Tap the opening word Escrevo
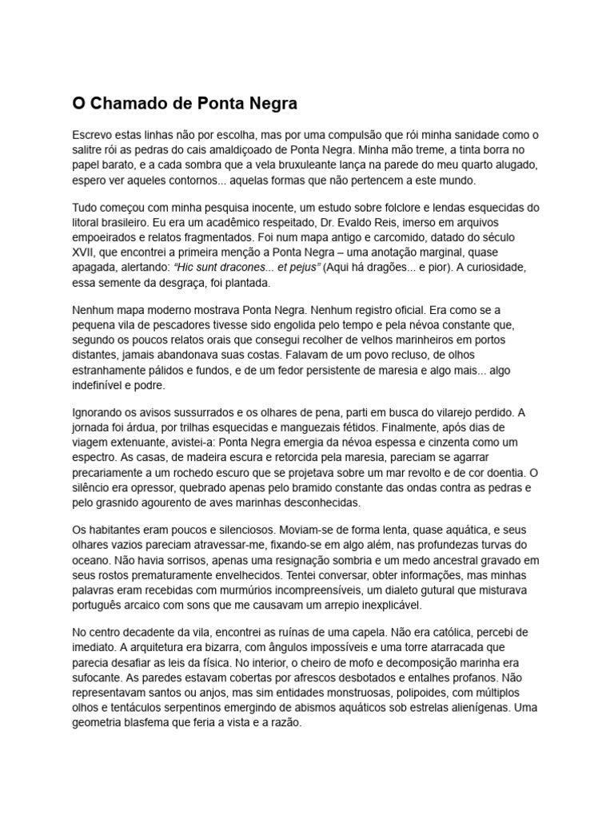pos(93,134)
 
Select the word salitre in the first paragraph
pos(87,149)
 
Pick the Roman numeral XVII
pos(84,253)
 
